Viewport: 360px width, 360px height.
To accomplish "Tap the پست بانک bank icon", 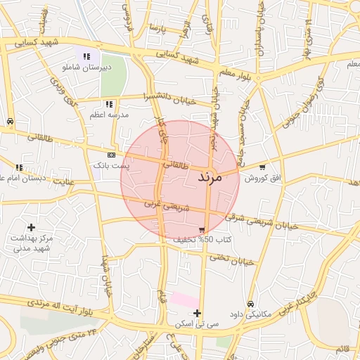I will pos(111,155).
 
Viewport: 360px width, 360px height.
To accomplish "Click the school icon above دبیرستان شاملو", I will pos(86,56).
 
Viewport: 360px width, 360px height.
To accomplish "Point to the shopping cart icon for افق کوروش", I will pos(262,167).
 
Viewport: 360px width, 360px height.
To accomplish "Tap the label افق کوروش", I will pos(262,179).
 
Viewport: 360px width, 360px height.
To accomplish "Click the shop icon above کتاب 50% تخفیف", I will pos(202,230).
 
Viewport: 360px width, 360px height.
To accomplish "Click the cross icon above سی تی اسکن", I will pos(197,313).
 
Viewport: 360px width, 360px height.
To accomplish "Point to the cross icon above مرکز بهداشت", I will pos(31,227).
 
